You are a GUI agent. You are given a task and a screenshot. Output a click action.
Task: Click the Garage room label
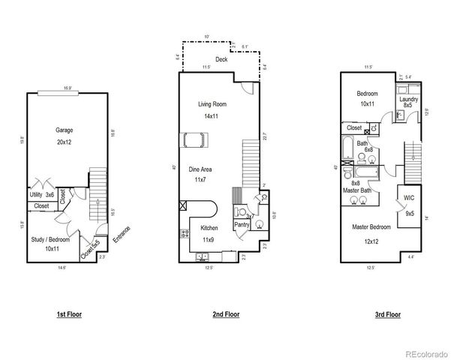(x=64, y=130)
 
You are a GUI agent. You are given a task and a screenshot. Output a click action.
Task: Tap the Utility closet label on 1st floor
(x=35, y=194)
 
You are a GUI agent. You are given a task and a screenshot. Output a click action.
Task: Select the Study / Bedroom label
(x=50, y=239)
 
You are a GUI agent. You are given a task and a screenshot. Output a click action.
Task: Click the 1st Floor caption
(x=69, y=314)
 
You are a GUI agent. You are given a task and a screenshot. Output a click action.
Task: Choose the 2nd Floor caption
(x=226, y=314)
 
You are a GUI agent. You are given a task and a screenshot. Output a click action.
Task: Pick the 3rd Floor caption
(x=387, y=314)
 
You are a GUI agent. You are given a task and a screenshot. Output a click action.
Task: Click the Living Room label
(x=212, y=104)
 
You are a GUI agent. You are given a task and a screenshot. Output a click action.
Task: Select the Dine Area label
(x=200, y=169)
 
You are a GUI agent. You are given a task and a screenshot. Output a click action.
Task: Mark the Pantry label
(x=242, y=224)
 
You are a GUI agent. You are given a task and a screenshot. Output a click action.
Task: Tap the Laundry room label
(x=409, y=99)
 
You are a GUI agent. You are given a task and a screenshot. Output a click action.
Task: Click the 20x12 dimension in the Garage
(x=64, y=141)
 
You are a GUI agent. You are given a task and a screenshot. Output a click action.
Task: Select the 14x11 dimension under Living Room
(x=212, y=115)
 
